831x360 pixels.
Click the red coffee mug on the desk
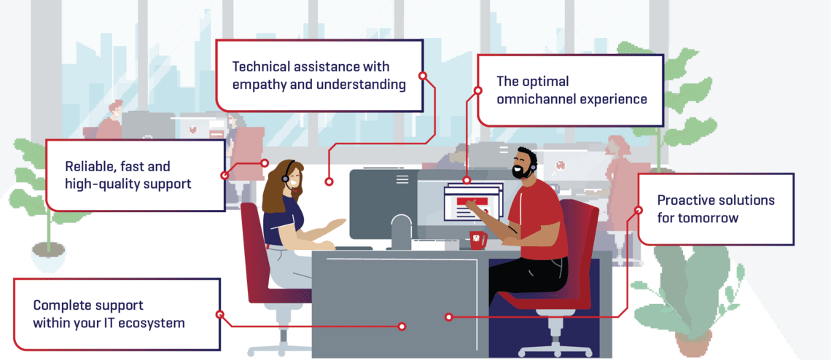pos(477,240)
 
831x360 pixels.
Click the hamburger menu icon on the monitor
pos(402,179)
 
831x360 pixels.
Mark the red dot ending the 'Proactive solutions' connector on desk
pos(448,317)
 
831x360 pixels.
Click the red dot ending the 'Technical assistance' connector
pos(329,181)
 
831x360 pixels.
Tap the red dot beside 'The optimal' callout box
pos(478,91)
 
